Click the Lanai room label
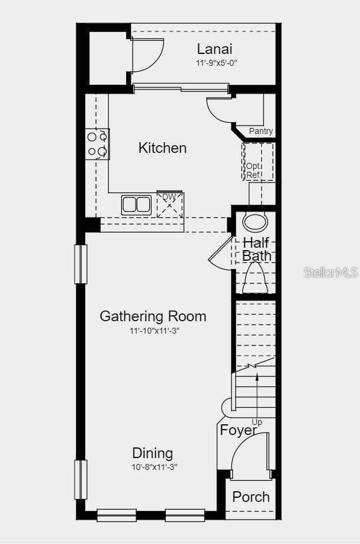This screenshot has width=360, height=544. coord(215,49)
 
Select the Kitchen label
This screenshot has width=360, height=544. coord(162,148)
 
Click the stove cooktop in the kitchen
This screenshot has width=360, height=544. coord(98,144)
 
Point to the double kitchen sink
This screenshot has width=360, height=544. coord(137,204)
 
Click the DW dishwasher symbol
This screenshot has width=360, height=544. coord(170,204)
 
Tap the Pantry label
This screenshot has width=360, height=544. coord(261,131)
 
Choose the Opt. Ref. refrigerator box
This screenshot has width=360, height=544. coord(258,162)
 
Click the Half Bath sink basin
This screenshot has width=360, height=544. coord(255,222)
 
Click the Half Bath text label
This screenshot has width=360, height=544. coord(256,249)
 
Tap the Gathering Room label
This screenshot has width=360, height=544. coord(153,316)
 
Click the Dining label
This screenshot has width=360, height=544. coord(153,453)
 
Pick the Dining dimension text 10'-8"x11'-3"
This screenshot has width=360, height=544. coord(154,467)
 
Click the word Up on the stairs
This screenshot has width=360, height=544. coord(257,422)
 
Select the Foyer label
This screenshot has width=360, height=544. coord(238,430)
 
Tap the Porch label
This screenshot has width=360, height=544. coord(250,497)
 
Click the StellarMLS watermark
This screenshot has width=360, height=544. coord(330,272)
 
